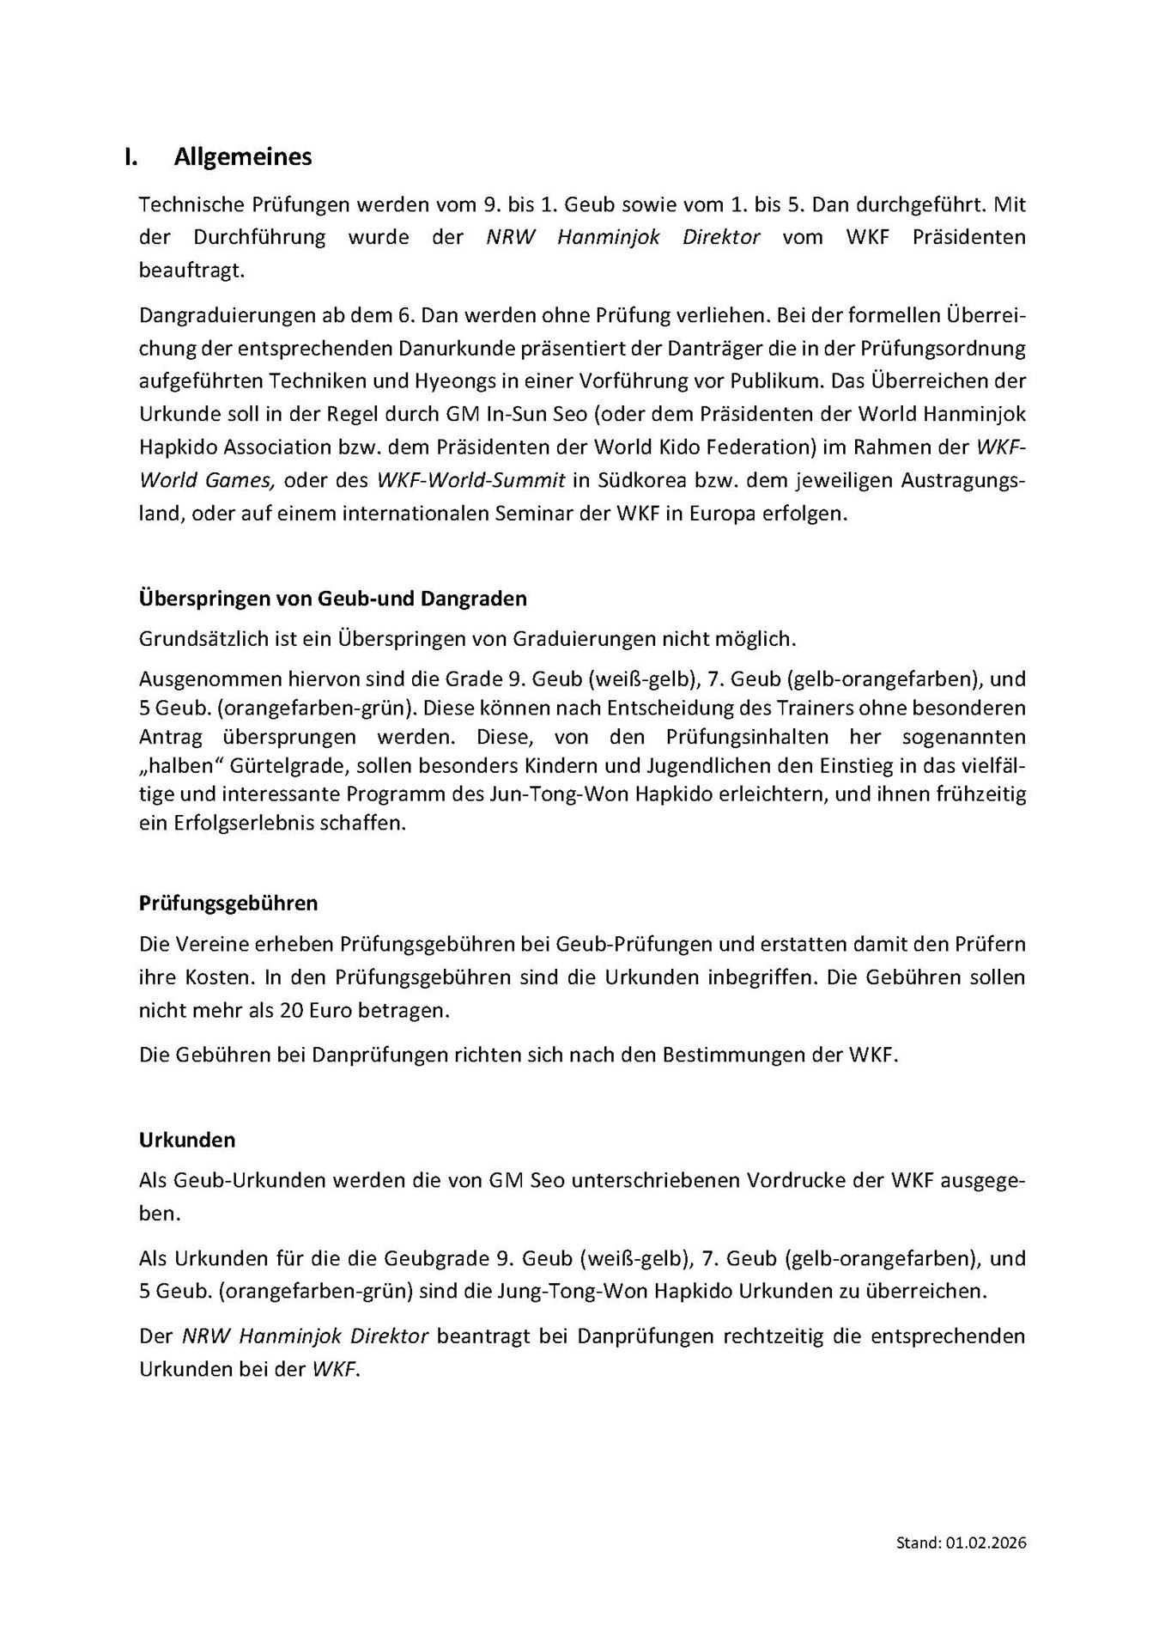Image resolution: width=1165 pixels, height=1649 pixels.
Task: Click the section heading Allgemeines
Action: pos(243,157)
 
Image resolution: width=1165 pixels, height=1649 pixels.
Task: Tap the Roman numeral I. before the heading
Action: pos(130,157)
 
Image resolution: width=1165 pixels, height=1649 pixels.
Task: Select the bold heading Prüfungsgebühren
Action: pos(228,903)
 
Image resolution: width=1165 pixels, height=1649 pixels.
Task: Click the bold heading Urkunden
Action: pos(187,1140)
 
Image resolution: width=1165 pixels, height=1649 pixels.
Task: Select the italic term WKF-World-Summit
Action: pos(471,480)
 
